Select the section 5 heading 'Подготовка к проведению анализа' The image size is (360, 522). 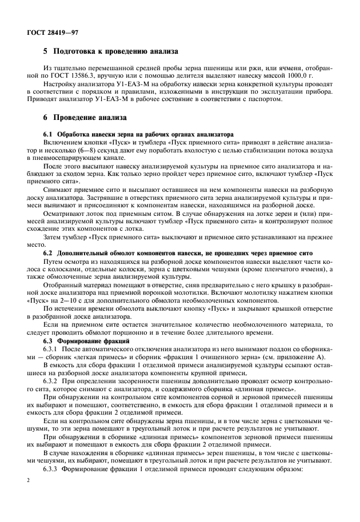111,51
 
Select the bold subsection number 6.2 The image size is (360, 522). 49,252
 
